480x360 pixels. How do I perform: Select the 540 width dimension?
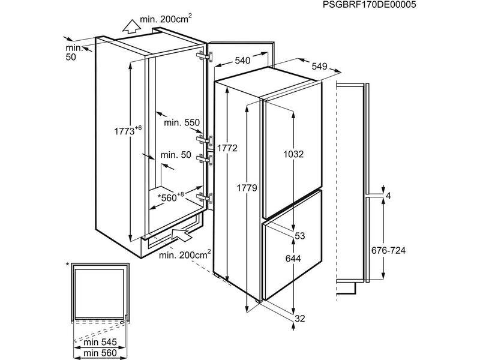click(242, 61)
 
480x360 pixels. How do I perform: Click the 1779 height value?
click(246, 188)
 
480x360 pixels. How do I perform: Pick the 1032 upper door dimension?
click(293, 154)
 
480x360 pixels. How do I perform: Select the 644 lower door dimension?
click(293, 260)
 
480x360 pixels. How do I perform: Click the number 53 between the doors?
click(300, 235)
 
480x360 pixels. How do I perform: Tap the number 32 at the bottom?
click(300, 318)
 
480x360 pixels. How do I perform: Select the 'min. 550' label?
click(183, 122)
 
